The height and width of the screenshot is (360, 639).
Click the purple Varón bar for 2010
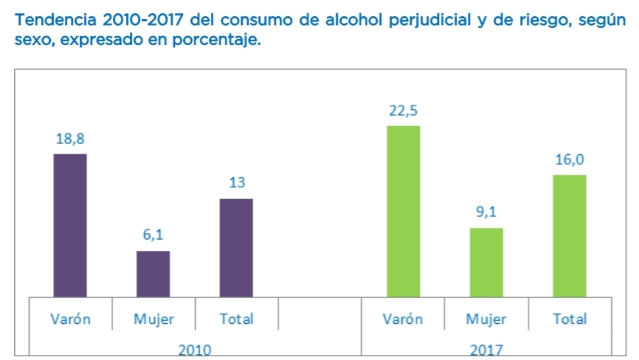click(70, 225)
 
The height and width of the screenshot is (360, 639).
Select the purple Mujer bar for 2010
click(153, 274)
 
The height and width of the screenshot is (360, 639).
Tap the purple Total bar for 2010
click(237, 248)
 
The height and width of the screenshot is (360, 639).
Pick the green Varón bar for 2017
click(403, 211)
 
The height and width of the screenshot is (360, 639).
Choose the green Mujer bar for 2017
click(486, 262)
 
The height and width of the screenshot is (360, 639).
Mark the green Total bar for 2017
click(570, 235)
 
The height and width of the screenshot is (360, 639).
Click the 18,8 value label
click(70, 139)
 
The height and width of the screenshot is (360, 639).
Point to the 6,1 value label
click(153, 235)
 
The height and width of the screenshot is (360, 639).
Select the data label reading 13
click(237, 183)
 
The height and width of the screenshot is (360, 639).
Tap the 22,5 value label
click(403, 111)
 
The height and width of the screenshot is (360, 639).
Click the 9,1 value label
click(486, 212)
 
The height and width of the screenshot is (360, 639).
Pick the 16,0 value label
click(570, 159)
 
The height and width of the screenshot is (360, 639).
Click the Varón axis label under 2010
click(70, 319)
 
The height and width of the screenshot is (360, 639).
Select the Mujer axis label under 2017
click(486, 319)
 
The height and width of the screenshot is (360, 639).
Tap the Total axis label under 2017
click(570, 319)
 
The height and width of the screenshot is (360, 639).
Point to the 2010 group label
click(195, 350)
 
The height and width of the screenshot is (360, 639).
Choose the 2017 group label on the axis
click(486, 350)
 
